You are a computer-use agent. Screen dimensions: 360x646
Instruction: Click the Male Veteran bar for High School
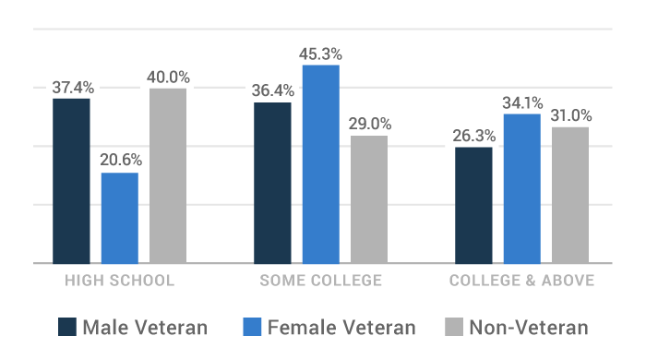71,181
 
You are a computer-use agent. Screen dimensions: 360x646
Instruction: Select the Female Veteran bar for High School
120,218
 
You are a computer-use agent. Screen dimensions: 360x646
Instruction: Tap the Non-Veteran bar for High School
168,175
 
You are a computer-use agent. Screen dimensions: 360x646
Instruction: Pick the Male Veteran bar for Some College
272,183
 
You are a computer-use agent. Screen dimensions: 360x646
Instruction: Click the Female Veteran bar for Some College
321,164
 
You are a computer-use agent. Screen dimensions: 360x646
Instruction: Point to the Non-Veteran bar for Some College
369,199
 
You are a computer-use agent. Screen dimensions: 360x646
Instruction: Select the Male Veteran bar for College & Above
473,205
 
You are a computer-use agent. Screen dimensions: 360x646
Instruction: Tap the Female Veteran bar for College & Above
522,188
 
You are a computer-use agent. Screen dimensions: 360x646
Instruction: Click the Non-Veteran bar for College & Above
570,195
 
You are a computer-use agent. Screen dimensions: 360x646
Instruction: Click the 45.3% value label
321,53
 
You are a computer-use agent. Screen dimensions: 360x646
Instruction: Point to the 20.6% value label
120,160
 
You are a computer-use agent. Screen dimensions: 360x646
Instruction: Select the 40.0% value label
168,77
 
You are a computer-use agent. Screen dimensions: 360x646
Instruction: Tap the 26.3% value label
473,135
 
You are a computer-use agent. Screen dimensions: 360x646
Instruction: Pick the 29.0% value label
369,123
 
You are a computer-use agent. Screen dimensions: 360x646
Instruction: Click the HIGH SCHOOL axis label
119,281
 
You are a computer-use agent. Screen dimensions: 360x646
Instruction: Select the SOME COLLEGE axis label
320,281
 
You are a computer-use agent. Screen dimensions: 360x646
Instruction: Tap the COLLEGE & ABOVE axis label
521,281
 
